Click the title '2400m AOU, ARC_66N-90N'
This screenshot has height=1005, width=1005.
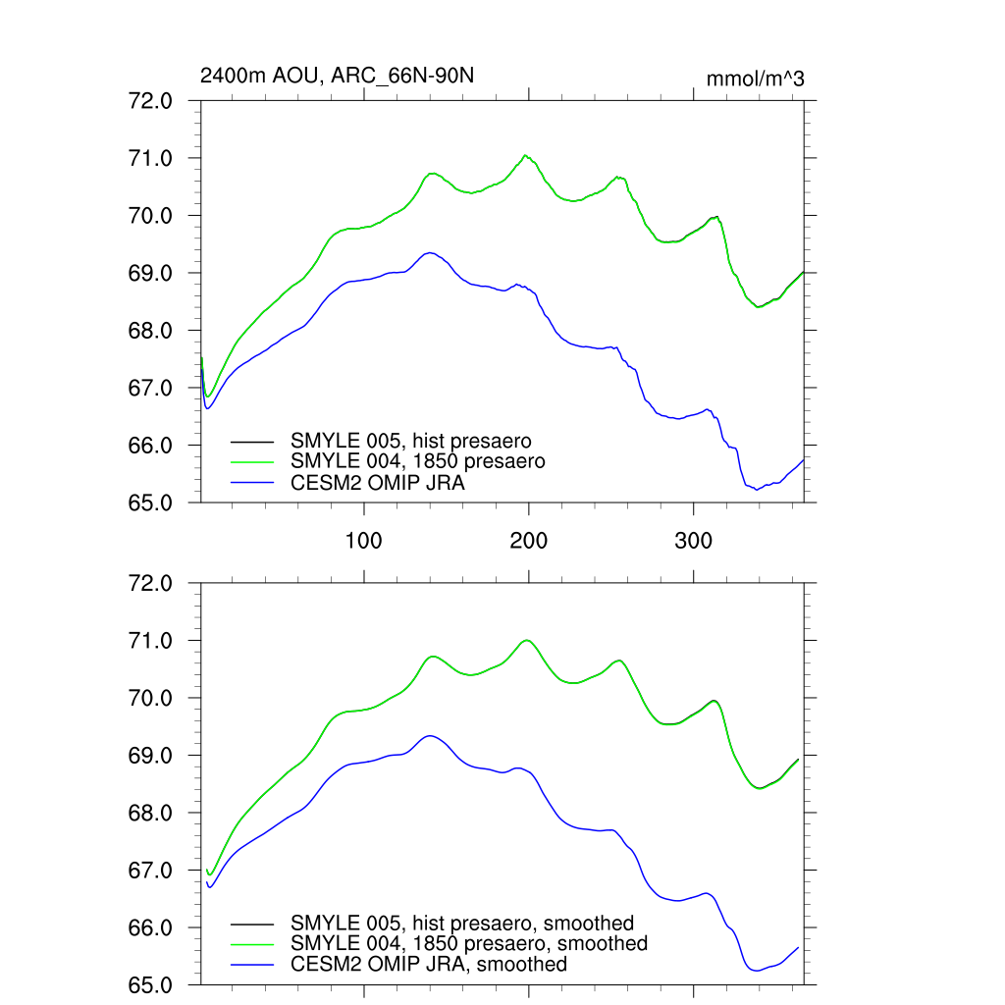click(x=337, y=76)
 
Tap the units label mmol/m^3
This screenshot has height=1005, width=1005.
click(x=755, y=79)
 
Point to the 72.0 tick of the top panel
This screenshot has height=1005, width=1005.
click(x=172, y=101)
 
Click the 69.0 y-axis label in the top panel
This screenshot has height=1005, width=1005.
click(x=172, y=274)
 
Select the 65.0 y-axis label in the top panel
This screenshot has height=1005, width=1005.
click(x=172, y=503)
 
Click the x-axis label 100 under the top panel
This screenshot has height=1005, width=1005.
click(x=364, y=540)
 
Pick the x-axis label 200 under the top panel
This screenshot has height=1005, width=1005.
click(x=529, y=540)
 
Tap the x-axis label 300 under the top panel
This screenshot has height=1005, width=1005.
click(x=694, y=540)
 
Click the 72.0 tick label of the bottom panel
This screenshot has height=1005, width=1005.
click(x=172, y=584)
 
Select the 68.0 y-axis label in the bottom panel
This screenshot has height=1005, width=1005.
click(x=172, y=814)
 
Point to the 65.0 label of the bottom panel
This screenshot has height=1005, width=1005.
click(x=172, y=985)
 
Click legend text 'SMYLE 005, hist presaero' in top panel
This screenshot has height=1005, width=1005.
click(x=410, y=441)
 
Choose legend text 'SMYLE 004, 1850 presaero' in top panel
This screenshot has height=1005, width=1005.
click(x=417, y=460)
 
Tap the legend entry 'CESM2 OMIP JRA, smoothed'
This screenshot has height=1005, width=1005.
click(x=429, y=965)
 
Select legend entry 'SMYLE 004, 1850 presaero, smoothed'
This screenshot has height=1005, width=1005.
click(x=469, y=943)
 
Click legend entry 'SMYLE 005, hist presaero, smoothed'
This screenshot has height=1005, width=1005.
click(x=462, y=924)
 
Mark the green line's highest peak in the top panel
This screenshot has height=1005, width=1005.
click(x=526, y=155)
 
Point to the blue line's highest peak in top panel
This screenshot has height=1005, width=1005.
click(x=430, y=252)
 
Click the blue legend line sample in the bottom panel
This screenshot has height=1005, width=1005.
click(x=252, y=965)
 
